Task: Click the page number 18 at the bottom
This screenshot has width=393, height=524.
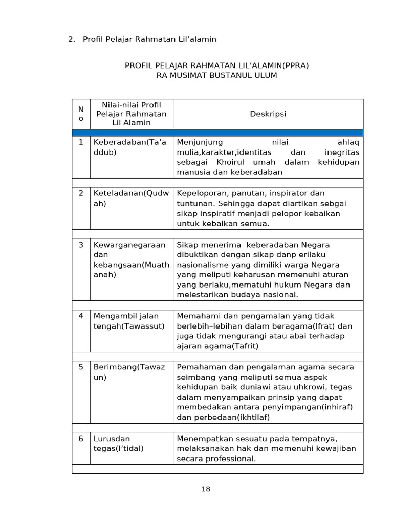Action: pos(206,489)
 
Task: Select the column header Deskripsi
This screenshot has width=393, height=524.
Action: pos(268,114)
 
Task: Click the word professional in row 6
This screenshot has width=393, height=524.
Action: pos(230,458)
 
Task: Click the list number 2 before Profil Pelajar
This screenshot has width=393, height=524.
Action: pos(71,39)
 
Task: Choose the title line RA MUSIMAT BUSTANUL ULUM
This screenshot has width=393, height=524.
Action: pos(216,75)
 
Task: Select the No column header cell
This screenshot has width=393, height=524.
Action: pos(81,114)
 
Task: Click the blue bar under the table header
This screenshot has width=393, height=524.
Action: pos(217,133)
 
